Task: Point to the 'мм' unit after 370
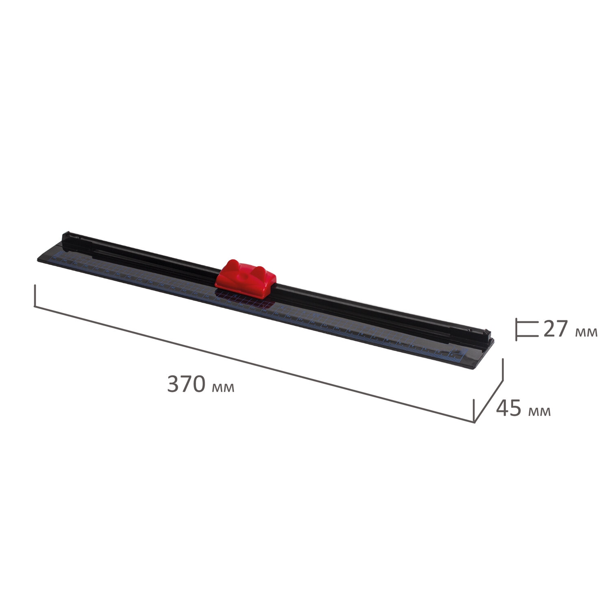coord(223,388)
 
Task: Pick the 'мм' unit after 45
coord(540,411)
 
